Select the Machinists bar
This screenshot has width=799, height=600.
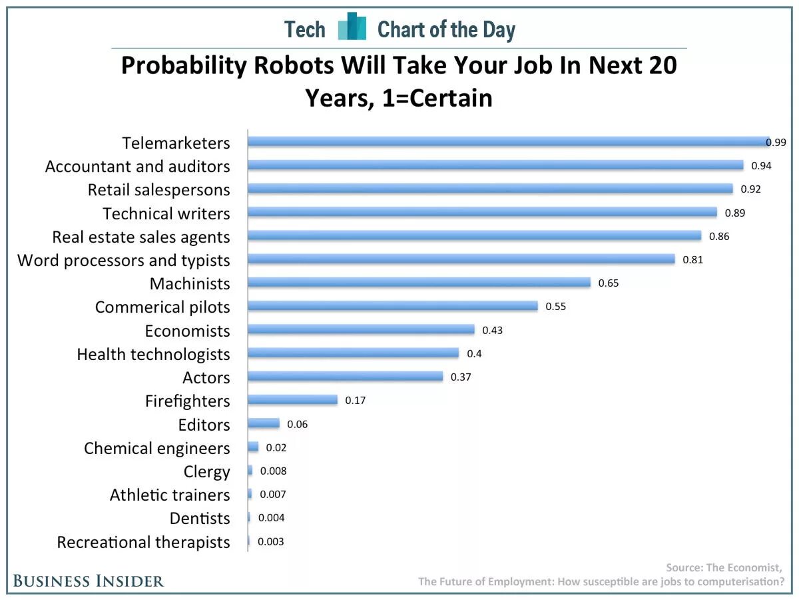pos(419,283)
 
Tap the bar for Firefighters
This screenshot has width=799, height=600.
pos(292,400)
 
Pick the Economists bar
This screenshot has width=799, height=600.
pos(361,330)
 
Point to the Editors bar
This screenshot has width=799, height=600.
pos(263,423)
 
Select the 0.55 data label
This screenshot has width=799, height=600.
pos(555,307)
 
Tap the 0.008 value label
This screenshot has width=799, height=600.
pos(274,471)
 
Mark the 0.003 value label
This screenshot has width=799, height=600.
pos(271,542)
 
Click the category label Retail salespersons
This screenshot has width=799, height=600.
pos(158,190)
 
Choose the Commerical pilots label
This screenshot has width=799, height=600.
pos(162,307)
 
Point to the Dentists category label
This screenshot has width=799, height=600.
pos(200,519)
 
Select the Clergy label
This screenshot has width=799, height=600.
pos(206,472)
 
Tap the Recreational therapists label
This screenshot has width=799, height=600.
pos(143,543)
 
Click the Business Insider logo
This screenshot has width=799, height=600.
pos(88,581)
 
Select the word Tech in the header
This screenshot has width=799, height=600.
pos(305,29)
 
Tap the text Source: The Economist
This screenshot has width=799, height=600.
pos(724,567)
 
